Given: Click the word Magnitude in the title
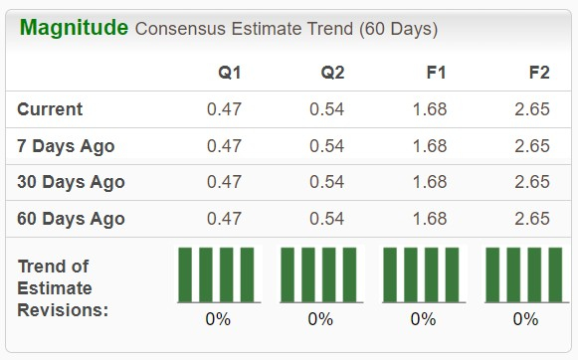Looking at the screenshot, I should click(x=74, y=27).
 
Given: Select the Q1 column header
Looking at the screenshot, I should click(x=230, y=73).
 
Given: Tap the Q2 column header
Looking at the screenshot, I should click(x=332, y=73).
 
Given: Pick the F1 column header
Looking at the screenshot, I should click(x=435, y=73).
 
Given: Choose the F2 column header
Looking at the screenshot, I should click(x=538, y=73).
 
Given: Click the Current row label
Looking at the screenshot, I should click(x=51, y=109).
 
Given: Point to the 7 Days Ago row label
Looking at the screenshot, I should click(x=66, y=146).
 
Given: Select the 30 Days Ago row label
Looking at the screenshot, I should click(x=71, y=182).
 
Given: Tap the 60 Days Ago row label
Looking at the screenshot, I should click(x=71, y=219).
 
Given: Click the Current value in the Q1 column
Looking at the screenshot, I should click(x=224, y=109).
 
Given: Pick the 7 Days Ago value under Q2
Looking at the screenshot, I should click(x=326, y=146).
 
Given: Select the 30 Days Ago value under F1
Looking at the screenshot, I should click(x=430, y=182).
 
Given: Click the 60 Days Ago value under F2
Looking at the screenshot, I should click(x=532, y=219).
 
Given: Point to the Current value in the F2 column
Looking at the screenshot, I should click(x=532, y=109).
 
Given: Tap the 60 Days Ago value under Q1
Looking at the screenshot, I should click(x=224, y=219).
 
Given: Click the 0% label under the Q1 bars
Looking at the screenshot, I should click(x=218, y=319).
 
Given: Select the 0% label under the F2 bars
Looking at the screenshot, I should click(x=525, y=319).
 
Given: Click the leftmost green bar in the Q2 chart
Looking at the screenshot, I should click(x=288, y=274).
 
